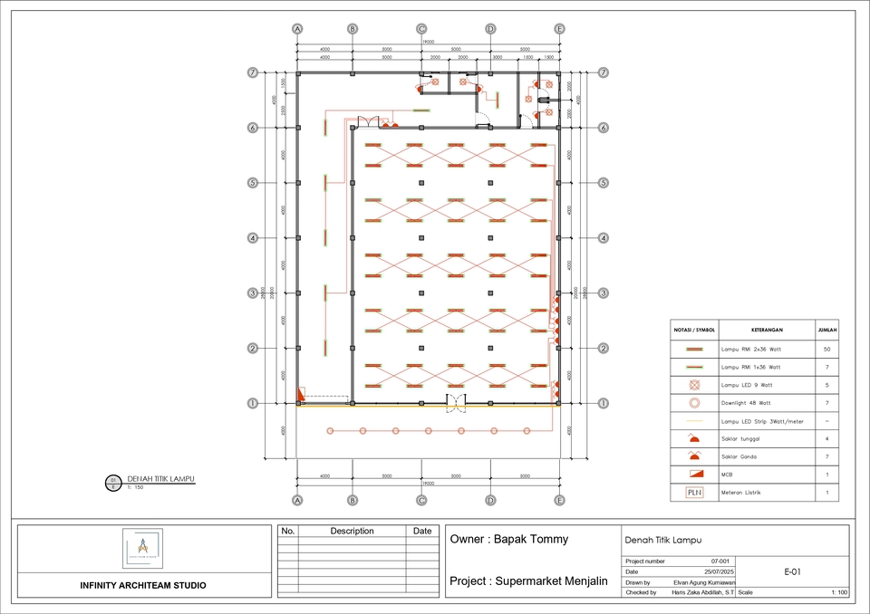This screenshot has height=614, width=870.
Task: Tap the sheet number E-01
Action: (791, 571)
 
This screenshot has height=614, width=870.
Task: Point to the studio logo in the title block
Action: (142, 548)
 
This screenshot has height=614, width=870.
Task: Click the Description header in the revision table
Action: (352, 531)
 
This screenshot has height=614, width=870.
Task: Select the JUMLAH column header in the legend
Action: (826, 331)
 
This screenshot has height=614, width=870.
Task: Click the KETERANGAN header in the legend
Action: (766, 331)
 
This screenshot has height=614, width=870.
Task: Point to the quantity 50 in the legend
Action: (826, 349)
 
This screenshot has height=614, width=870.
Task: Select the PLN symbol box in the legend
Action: (694, 493)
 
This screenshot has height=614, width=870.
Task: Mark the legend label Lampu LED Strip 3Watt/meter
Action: (761, 421)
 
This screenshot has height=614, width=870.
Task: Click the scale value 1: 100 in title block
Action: (838, 592)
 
